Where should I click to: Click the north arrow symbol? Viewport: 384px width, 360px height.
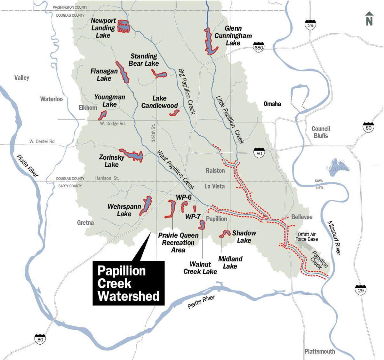369,19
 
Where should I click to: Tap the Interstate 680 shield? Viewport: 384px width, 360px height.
258,47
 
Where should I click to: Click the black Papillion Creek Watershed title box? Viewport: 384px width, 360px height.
128,283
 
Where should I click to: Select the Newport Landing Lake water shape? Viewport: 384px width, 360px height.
123,27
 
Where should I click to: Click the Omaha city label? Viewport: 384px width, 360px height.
272,104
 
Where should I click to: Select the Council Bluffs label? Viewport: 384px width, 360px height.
321,132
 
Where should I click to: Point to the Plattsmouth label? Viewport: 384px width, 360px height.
319,351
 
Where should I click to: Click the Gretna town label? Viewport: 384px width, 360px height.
85,222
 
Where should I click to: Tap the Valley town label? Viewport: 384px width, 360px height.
22,77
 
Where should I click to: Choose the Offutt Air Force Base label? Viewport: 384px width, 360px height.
307,237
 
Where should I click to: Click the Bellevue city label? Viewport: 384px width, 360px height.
302,217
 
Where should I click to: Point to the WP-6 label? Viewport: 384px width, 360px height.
184,197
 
